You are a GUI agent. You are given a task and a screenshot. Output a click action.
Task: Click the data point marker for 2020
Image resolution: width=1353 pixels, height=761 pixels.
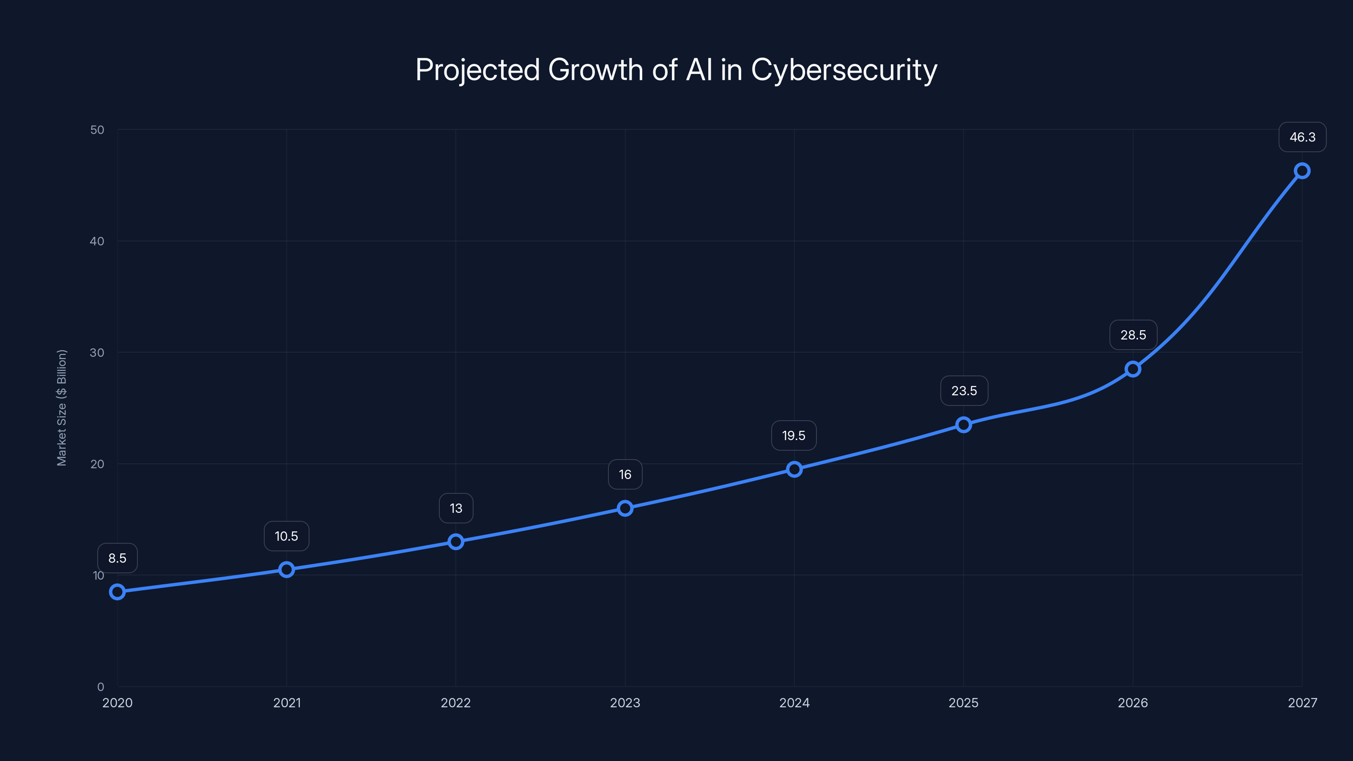(117, 592)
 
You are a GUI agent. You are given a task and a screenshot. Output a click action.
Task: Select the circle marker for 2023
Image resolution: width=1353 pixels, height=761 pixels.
(625, 508)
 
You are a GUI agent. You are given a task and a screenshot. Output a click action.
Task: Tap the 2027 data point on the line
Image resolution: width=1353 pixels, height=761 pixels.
(1302, 171)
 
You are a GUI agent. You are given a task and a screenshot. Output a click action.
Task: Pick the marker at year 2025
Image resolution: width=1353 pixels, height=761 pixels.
(963, 424)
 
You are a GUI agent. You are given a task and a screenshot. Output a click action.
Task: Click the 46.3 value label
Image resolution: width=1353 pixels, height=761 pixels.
(1302, 137)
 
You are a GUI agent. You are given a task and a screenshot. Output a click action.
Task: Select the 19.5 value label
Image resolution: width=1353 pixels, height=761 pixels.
(794, 435)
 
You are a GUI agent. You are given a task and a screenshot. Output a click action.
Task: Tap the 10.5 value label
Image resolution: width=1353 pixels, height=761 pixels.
(286, 536)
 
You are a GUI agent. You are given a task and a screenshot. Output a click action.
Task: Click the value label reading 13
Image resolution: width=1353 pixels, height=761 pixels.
(456, 508)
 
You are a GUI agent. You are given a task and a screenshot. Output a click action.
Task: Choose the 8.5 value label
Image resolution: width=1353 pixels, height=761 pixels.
(117, 558)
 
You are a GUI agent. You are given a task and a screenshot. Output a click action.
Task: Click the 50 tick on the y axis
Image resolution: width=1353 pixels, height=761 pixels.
(97, 130)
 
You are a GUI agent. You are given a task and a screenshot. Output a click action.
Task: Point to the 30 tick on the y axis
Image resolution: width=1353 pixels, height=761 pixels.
(97, 353)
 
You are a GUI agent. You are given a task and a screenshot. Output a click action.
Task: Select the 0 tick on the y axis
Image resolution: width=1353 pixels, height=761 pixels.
(100, 687)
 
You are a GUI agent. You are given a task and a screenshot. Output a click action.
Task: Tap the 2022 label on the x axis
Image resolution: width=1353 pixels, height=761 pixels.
(456, 703)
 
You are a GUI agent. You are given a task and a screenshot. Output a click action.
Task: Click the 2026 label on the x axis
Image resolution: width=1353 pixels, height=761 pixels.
(1133, 703)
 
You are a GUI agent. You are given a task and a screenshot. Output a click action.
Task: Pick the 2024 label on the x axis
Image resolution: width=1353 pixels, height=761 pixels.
(794, 703)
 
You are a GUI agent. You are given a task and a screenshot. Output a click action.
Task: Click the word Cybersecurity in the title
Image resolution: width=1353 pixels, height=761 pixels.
(844, 70)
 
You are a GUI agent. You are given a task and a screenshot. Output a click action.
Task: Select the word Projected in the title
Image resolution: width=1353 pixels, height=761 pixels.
(477, 70)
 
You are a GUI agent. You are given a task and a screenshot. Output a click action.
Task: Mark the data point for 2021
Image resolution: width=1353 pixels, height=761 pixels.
(286, 569)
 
